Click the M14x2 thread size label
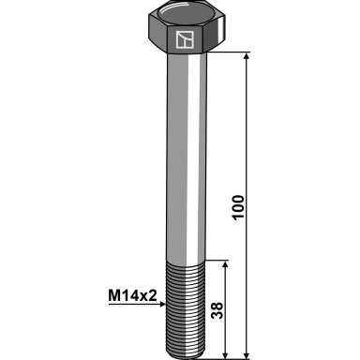tap(132, 295)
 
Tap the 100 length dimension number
tap(238, 207)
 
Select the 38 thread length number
tap(217, 310)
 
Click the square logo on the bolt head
tap(185, 39)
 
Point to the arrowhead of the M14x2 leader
tap(162, 304)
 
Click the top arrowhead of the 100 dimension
tap(247, 56)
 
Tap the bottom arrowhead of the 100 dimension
tap(247, 355)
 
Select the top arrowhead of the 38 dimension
tap(225, 264)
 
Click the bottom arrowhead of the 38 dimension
tap(225, 355)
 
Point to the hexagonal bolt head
tap(187, 28)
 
